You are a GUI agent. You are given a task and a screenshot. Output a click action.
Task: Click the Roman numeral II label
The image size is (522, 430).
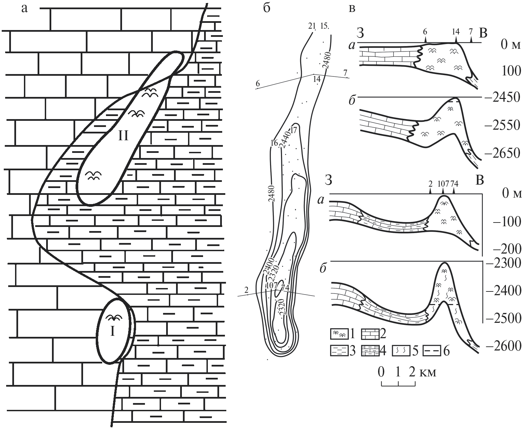122,137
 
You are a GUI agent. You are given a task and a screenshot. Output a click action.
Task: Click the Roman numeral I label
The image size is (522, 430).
112,332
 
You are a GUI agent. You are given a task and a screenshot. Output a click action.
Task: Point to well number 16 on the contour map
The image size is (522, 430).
273,143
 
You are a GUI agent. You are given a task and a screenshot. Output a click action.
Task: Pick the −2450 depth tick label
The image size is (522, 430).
502,98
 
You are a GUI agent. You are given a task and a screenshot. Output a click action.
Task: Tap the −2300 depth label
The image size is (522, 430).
503,263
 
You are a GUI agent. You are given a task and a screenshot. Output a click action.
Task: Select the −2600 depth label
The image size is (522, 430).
503,346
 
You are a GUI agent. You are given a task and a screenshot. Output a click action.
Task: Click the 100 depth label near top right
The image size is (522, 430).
509,71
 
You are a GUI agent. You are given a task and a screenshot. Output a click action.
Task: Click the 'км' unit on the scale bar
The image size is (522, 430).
428,372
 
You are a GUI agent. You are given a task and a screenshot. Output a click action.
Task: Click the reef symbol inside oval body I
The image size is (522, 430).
114,318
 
